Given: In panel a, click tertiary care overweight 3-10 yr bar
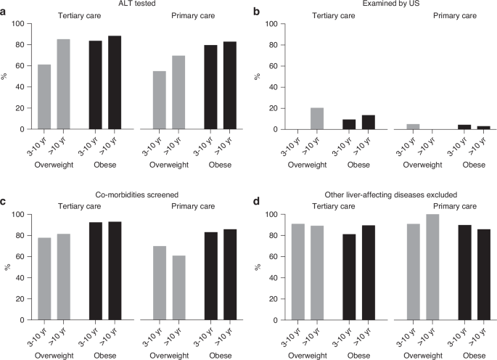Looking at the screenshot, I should (45, 97).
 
